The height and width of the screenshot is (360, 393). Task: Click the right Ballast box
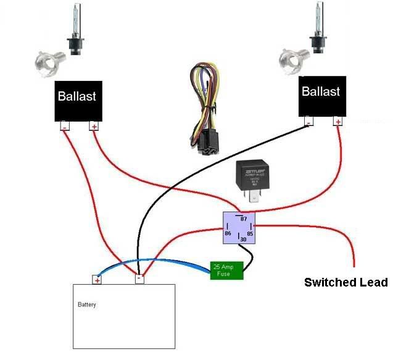(320, 96)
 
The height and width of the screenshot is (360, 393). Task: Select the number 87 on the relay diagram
(243, 219)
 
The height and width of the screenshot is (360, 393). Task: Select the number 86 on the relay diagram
(228, 235)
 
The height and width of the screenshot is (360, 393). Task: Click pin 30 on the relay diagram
(242, 240)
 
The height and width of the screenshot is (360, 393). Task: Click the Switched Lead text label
(345, 283)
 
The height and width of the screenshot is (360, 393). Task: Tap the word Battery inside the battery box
(87, 304)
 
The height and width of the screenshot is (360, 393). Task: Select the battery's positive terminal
(97, 280)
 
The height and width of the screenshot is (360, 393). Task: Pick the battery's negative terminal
(140, 279)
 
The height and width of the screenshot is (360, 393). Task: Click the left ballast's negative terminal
(64, 127)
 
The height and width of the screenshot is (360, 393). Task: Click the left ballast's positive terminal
(94, 127)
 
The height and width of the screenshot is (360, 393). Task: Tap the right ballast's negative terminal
(308, 121)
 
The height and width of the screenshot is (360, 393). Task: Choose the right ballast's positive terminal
(337, 121)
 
